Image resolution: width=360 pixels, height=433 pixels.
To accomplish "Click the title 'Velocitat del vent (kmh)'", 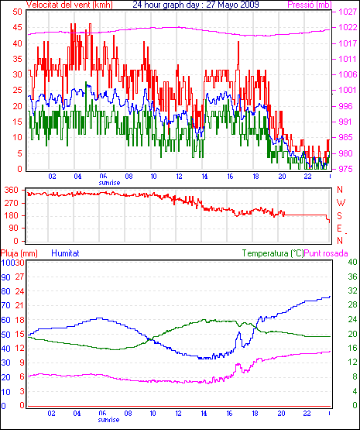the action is coord(70,5).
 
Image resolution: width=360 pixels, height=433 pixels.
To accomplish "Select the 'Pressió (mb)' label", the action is coord(310,5).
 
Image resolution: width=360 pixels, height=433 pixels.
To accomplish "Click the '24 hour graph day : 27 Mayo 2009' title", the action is coord(196,5).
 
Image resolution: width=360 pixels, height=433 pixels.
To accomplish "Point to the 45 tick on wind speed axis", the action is coord(17,27).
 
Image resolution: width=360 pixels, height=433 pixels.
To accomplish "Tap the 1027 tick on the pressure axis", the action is coord(348,12).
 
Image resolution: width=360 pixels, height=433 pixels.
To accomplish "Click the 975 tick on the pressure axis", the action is coord(345,169).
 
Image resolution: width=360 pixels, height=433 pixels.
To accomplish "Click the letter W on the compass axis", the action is coord(341,203).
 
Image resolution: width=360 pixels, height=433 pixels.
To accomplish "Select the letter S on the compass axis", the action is coord(340,215).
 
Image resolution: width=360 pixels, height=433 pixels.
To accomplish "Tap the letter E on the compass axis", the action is coord(340,229).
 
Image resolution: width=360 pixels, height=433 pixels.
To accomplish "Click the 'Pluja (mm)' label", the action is coord(19,253).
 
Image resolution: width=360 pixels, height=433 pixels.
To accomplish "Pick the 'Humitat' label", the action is coord(65,253).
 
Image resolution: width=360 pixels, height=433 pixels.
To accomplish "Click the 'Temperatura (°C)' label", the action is coord(273,253).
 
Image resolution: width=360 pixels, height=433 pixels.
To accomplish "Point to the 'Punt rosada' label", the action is coord(326,253).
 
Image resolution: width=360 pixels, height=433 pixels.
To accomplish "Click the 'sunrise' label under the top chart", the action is coord(109,183).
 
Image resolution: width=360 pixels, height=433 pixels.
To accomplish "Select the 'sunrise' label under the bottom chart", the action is coord(108,420).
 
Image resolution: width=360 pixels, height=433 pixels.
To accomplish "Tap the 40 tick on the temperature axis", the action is coord(352,262).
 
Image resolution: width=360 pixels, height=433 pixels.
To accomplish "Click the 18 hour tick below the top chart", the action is coord(255,176).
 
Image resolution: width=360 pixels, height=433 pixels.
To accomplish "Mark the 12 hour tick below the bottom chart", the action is coord(178,414).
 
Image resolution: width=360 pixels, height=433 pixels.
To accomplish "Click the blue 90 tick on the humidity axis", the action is coord(5,277).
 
